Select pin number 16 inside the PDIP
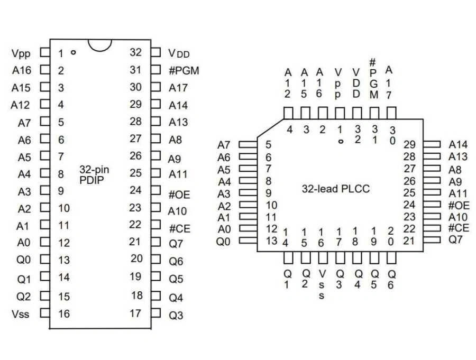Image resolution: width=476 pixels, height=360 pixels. coord(64,314)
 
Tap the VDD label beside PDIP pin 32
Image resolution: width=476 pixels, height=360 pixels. coord(179,53)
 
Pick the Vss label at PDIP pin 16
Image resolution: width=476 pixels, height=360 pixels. coord(21,315)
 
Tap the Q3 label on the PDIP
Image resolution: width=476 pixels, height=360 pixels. coord(176,315)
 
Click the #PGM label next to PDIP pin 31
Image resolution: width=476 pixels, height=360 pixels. coord(184,70)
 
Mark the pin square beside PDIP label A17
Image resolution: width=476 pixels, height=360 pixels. coord(155,87)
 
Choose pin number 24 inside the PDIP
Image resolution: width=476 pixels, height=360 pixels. coord(135,190)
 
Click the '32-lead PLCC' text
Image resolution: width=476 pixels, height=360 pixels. coord(335,189)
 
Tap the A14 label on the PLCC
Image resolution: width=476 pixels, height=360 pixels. coord(459,145)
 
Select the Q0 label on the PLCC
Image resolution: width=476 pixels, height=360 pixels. coord(224,241)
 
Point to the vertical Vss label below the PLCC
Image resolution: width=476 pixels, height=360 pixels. coord(321,284)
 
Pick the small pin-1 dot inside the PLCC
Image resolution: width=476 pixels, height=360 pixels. coord(341,141)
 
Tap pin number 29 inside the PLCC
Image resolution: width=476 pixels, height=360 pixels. coord(409,145)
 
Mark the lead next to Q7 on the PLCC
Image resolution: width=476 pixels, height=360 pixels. coord(432,240)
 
